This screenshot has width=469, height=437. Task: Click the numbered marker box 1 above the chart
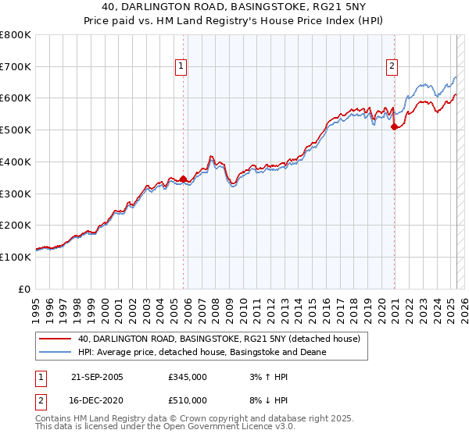[181, 67]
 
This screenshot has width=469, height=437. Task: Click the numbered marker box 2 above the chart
[391, 67]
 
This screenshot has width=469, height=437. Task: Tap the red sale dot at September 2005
[184, 179]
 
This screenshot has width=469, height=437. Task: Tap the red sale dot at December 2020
[394, 126]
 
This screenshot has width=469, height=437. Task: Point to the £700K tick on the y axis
[16, 67]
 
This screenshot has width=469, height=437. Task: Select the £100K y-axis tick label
[16, 257]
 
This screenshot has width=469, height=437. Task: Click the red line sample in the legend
[55, 339]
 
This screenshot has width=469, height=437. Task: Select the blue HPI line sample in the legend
[55, 353]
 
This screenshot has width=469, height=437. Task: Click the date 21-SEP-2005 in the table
[97, 377]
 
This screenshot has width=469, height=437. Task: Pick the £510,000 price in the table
[188, 400]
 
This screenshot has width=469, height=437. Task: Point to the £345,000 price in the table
[188, 377]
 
